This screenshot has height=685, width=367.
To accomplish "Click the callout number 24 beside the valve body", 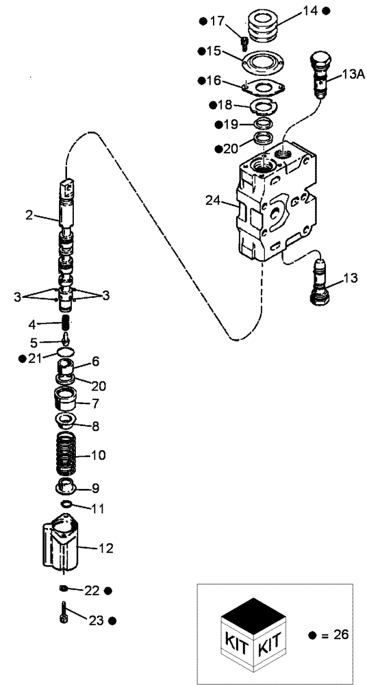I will pyautogui.click(x=213, y=200).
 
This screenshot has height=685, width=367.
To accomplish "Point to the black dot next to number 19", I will pyautogui.click(x=217, y=125).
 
